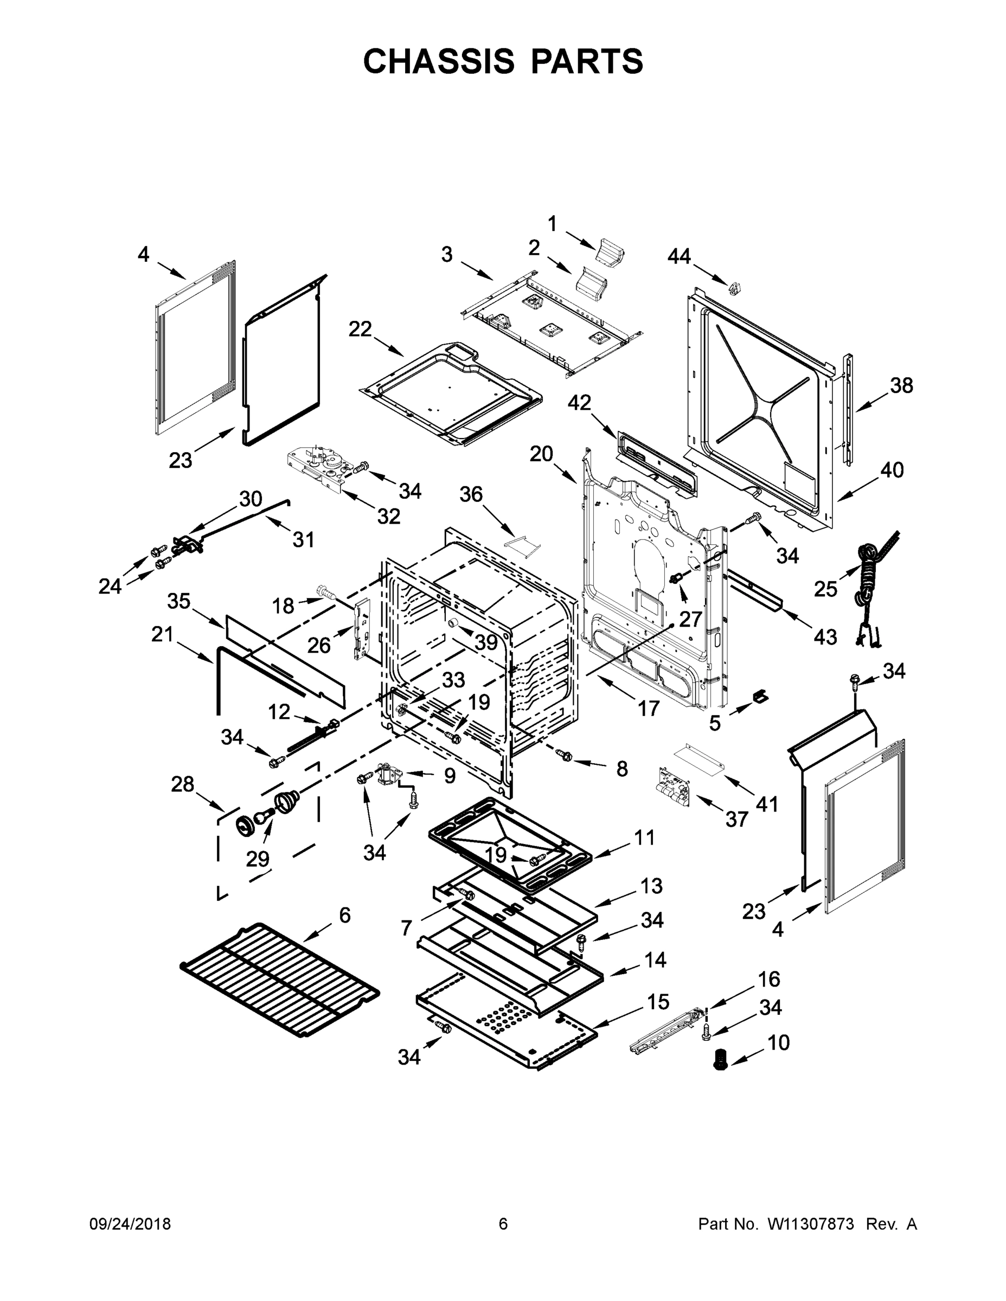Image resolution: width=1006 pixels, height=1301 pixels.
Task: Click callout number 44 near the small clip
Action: point(679,256)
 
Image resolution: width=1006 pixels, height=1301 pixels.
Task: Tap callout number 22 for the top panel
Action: point(360,329)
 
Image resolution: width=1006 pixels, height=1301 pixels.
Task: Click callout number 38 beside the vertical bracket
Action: point(901,385)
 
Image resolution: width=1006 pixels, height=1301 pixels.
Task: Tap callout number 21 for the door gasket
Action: point(162,634)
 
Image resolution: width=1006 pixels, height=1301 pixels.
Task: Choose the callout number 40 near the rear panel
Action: point(892,470)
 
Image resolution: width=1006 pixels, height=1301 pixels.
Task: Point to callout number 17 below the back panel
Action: point(649,709)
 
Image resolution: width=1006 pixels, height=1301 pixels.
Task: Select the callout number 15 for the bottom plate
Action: point(658,1002)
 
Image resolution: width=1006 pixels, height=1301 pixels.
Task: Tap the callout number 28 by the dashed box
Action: point(182,784)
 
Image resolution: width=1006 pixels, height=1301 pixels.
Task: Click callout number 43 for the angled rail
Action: point(825,637)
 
